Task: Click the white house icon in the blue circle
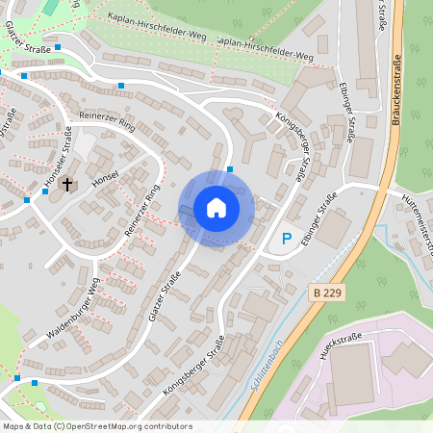point(216,208)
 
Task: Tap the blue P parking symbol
point(285,238)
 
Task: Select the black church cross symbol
point(67,183)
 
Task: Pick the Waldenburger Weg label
point(73,313)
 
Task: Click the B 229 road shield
point(327,291)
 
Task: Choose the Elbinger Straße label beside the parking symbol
point(319,222)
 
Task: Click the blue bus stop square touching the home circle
point(230,170)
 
